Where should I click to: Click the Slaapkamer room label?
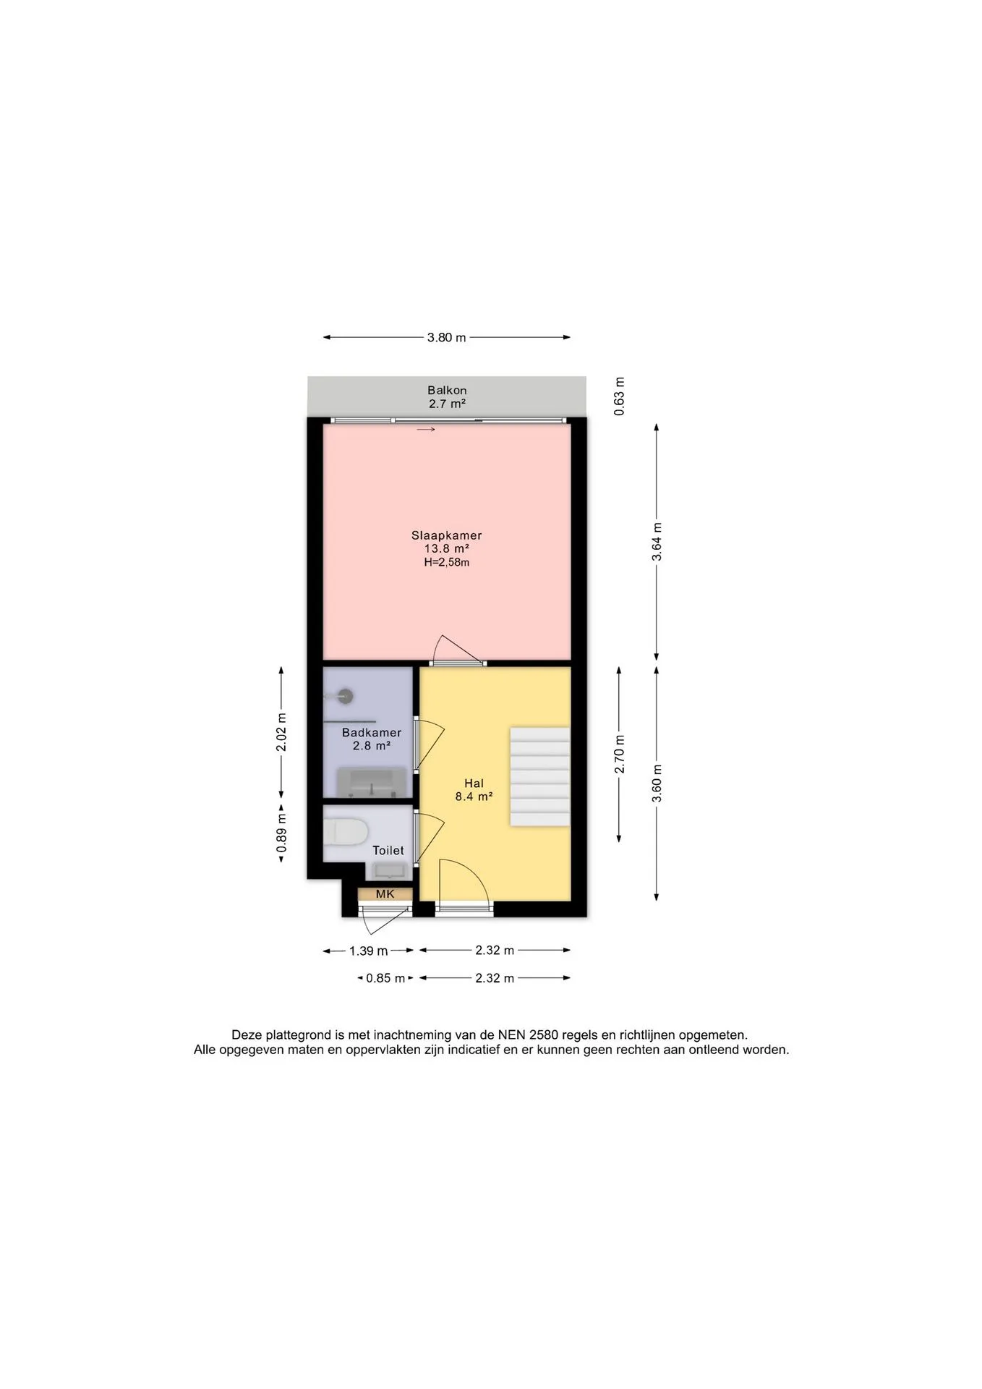[446, 536]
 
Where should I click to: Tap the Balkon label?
[447, 391]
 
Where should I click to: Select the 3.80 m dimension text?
[447, 337]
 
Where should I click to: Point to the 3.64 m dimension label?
[657, 542]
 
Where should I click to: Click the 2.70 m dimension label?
[620, 754]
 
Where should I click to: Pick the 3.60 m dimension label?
[657, 783]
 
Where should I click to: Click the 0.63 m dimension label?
[620, 396]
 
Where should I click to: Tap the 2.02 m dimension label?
[281, 732]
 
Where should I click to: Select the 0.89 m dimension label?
[281, 833]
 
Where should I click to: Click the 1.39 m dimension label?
[369, 951]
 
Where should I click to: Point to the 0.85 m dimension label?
[385, 979]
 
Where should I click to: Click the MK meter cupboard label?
[385, 894]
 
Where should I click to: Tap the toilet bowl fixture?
[346, 832]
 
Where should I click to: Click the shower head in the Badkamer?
[346, 696]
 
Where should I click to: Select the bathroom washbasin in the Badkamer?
[372, 783]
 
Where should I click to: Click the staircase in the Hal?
[540, 777]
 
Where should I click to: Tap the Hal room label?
[474, 783]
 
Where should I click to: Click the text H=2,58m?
[446, 562]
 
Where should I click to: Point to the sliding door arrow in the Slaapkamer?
[426, 430]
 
